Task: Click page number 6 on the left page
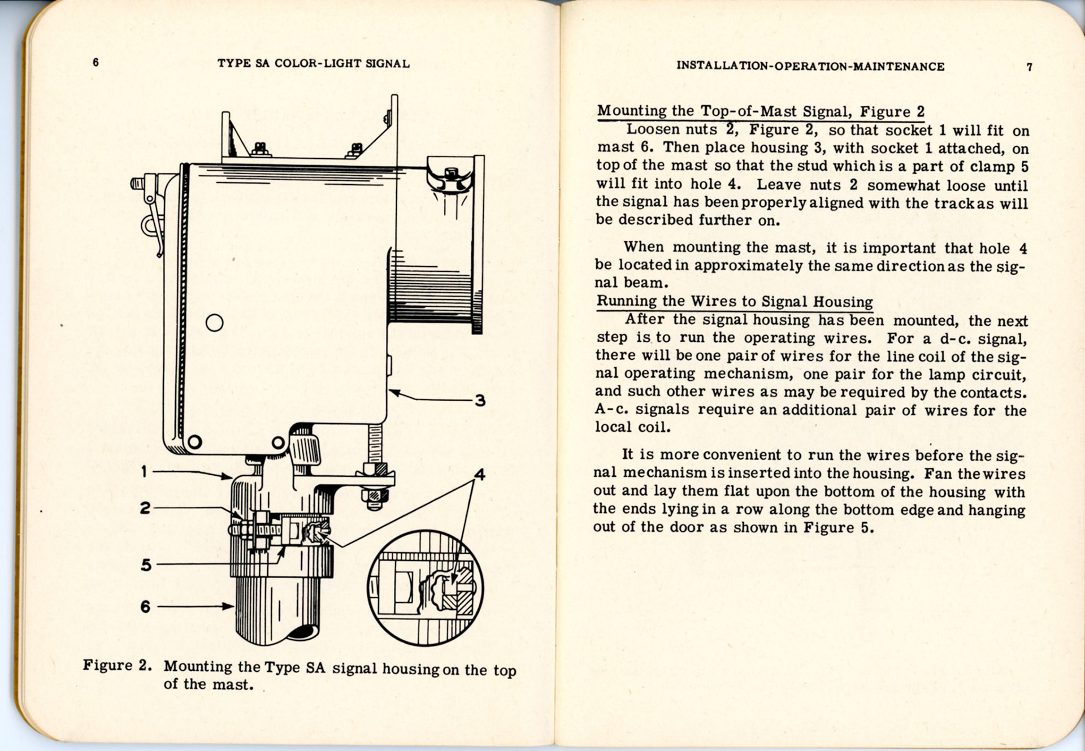[x=96, y=62]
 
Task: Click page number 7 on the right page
[x=1029, y=67]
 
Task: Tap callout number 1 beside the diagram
[x=145, y=471]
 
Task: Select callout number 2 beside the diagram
[x=145, y=507]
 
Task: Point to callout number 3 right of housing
[x=480, y=401]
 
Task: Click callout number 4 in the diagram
[x=479, y=474]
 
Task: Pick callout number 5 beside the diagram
[x=146, y=565]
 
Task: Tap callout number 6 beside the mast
[x=145, y=606]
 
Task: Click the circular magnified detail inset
[x=425, y=588]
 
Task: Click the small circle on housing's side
[x=214, y=323]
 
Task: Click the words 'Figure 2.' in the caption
[x=117, y=665]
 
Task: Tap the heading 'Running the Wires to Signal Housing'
[x=735, y=301]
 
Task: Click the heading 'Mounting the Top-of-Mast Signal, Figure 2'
[x=761, y=111]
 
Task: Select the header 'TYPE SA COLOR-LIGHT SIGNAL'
[x=314, y=63]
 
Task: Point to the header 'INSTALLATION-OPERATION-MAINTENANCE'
[x=810, y=66]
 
